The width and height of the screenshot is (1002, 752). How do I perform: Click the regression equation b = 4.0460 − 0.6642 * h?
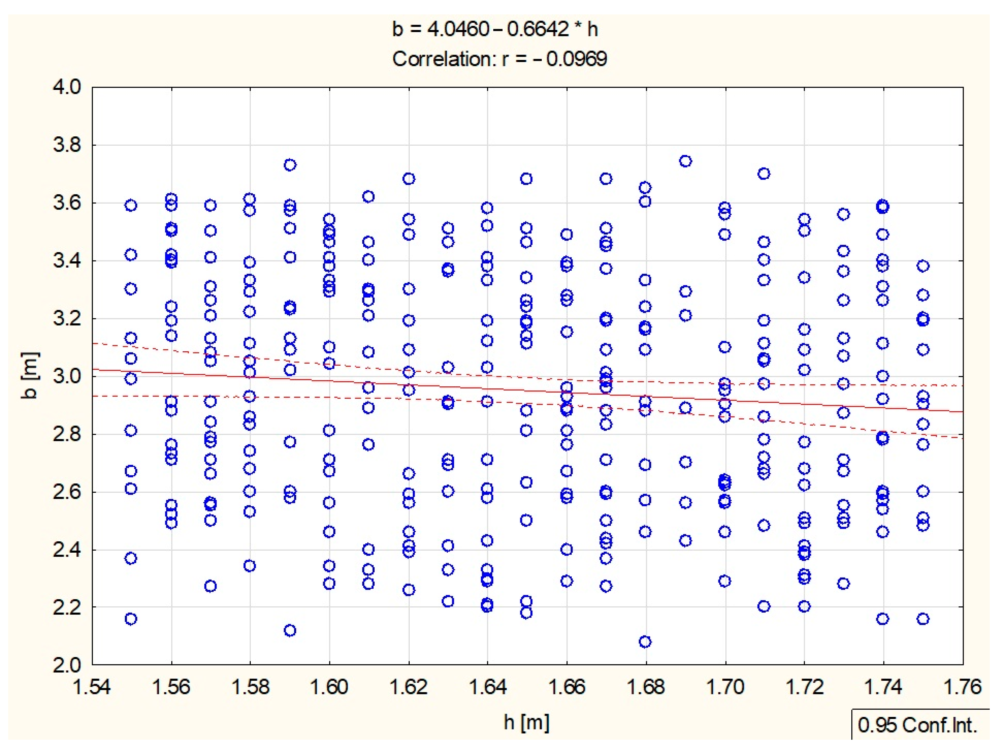[x=495, y=29]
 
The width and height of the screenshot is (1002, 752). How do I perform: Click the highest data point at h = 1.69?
[x=685, y=161]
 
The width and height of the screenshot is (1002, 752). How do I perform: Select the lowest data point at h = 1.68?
[x=645, y=641]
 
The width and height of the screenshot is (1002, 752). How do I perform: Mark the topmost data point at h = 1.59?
[x=290, y=165]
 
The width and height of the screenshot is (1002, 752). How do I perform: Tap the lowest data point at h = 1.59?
[x=290, y=630]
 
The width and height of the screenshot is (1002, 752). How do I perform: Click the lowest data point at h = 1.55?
[x=131, y=619]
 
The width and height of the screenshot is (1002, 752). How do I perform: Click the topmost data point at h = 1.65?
[x=526, y=179]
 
